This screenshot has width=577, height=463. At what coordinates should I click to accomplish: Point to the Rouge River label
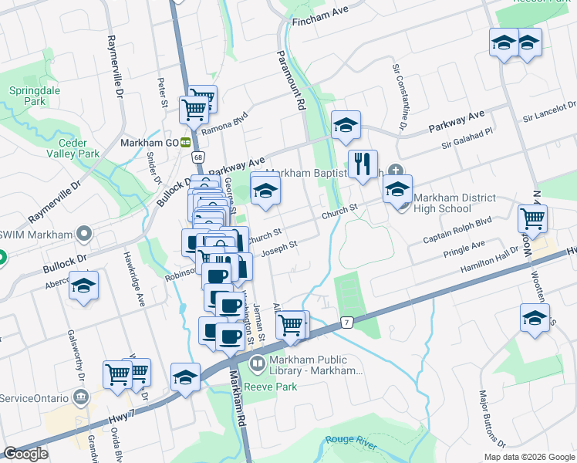click(x=350, y=440)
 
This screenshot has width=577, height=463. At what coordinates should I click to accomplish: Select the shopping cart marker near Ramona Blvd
click(x=194, y=110)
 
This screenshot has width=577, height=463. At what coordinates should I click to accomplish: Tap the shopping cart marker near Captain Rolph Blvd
click(x=532, y=219)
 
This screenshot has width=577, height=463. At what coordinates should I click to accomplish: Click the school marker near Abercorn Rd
click(x=83, y=286)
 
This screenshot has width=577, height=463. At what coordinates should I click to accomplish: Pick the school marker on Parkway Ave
click(x=346, y=126)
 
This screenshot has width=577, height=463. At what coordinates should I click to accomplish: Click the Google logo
click(x=26, y=454)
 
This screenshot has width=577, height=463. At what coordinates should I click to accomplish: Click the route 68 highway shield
click(x=198, y=158)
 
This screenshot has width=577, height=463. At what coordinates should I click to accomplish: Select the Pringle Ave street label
click(x=464, y=248)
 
